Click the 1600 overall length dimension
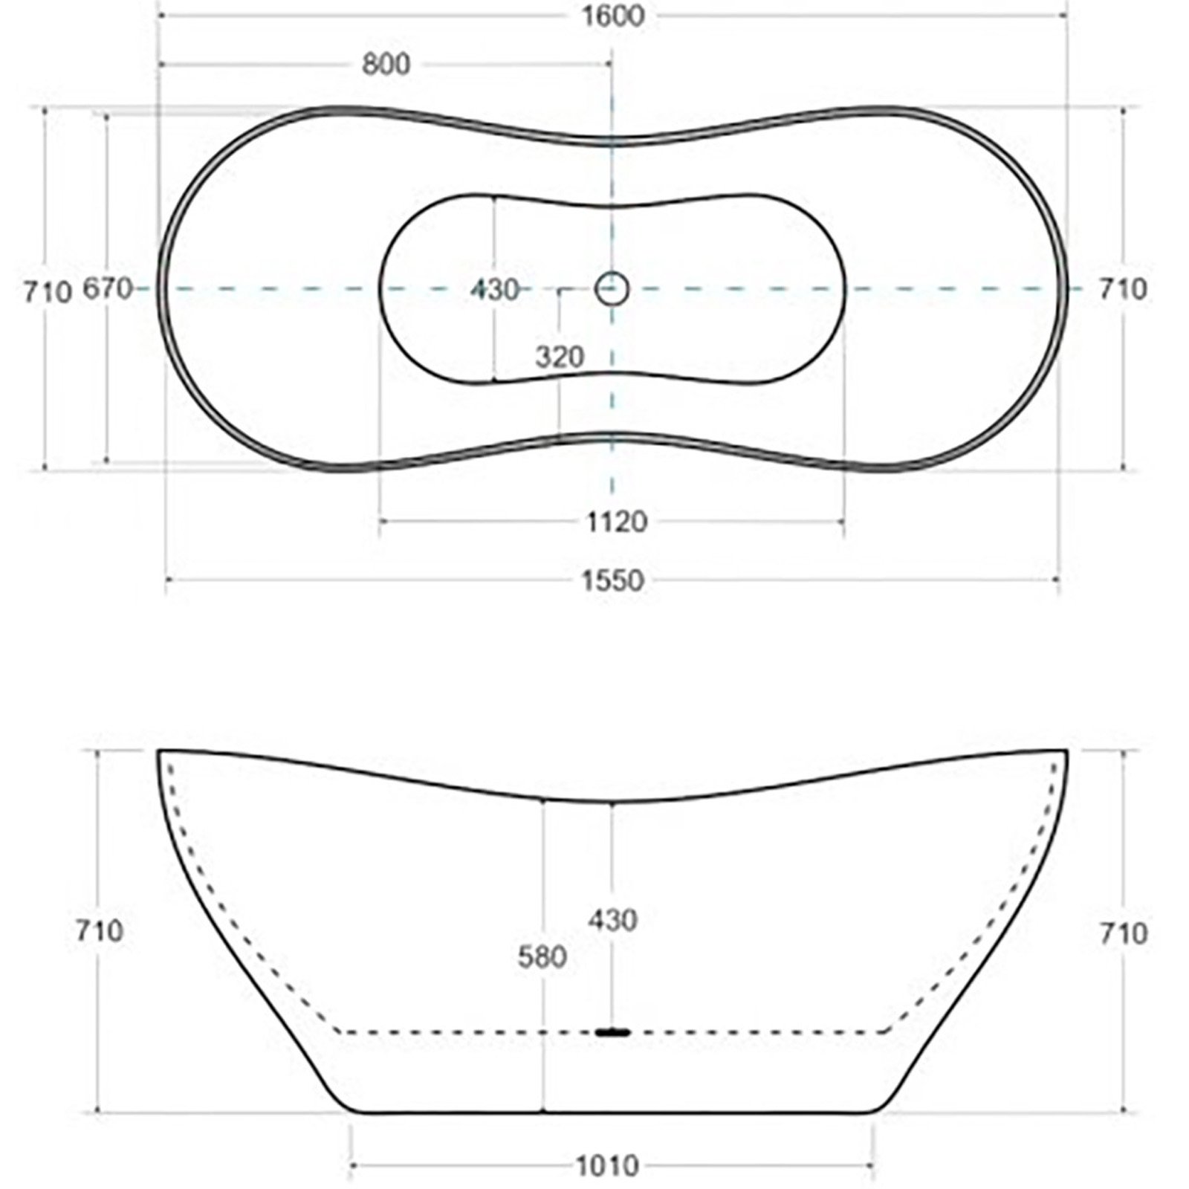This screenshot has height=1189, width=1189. coord(612,16)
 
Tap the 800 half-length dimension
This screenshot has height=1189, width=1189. coord(386,65)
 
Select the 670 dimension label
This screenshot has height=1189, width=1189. coord(107,288)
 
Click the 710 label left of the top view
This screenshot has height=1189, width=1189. coord(48,291)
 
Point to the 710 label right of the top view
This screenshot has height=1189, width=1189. coord(1123,288)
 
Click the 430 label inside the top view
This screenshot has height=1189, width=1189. coord(494,289)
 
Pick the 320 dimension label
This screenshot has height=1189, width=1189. coord(560,357)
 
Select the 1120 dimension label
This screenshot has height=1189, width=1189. coord(617,522)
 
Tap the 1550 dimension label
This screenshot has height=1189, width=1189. coord(612,580)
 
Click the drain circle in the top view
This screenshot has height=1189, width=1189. coord(612,288)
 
